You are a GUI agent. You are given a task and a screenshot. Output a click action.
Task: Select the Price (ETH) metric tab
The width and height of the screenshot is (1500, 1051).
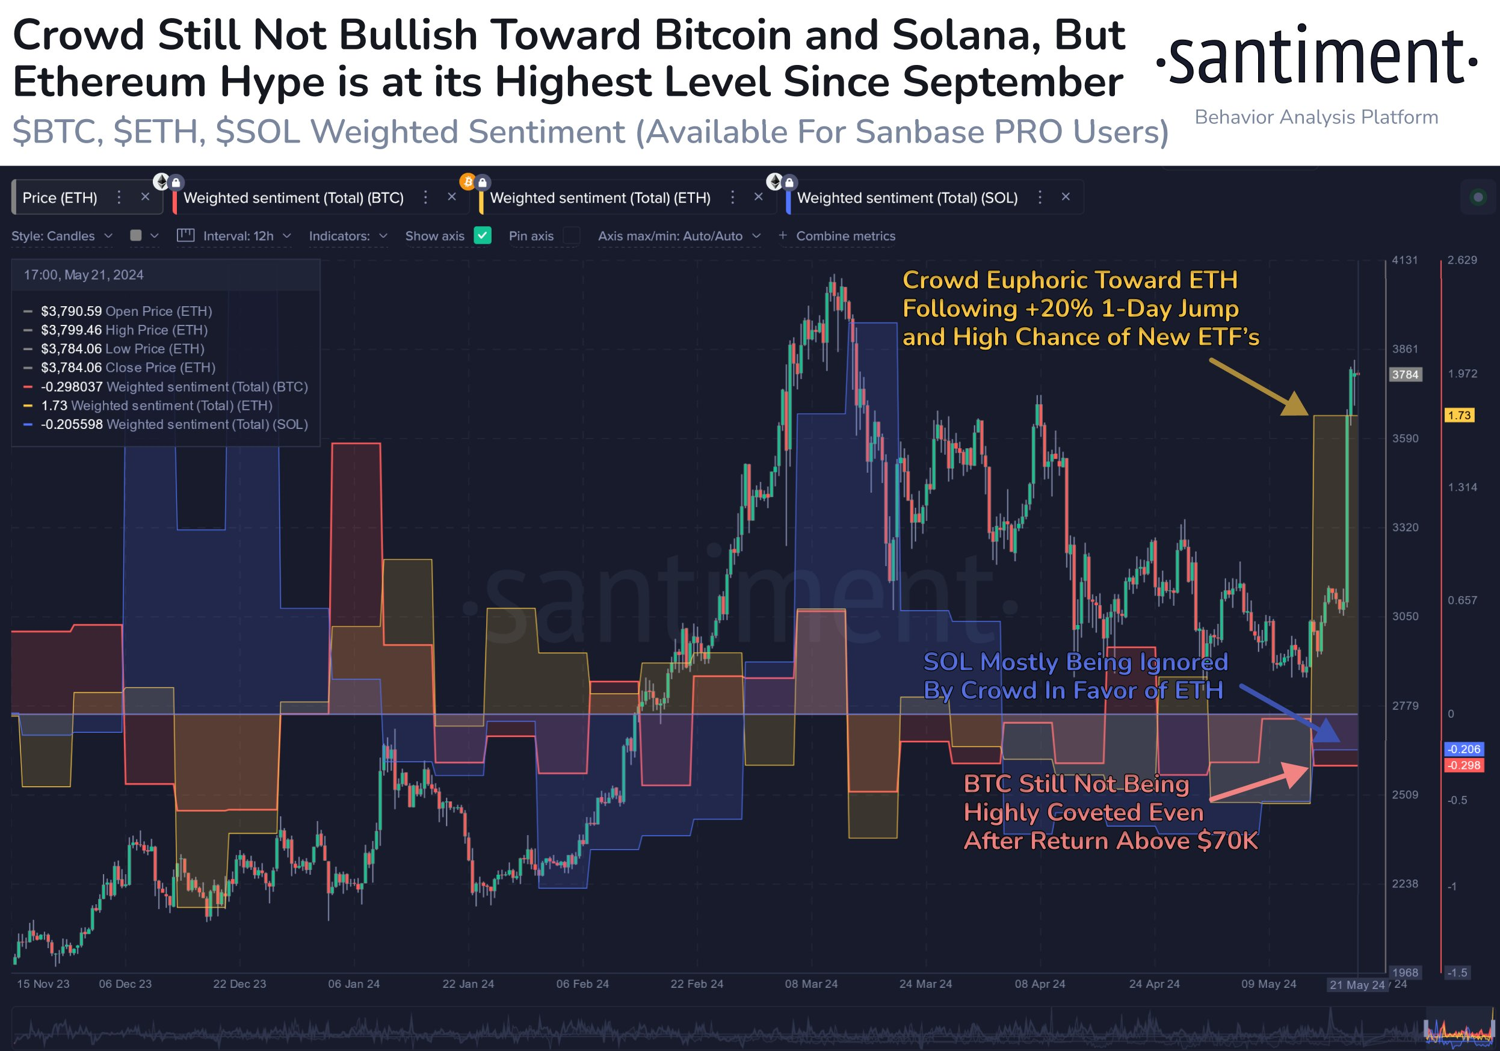60,198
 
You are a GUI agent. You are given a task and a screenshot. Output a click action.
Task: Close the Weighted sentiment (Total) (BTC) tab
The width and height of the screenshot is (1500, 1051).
451,197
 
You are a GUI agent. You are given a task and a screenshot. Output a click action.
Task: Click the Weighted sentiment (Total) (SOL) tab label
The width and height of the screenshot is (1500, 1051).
907,198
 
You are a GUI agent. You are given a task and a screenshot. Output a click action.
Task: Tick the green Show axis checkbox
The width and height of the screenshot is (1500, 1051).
482,236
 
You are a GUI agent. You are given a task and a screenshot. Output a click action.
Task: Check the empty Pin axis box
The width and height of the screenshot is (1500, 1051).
571,236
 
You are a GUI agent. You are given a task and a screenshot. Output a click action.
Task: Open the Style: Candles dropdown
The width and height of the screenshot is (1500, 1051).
61,236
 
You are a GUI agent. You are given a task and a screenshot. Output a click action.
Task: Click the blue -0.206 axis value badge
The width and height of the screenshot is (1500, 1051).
1463,749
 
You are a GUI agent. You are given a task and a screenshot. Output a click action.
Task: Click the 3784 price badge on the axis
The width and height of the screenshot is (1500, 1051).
1404,374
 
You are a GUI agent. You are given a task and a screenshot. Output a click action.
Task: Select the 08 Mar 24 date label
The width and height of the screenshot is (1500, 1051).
810,984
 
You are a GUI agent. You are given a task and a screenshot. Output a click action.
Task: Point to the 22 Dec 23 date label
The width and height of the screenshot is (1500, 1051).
239,984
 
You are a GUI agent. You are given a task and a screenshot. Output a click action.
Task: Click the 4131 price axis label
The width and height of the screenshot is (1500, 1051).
1404,260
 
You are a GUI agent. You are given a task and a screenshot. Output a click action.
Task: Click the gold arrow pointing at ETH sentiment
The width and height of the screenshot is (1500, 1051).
1258,387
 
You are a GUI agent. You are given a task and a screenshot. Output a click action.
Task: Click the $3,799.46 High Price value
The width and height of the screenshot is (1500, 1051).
71,330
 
